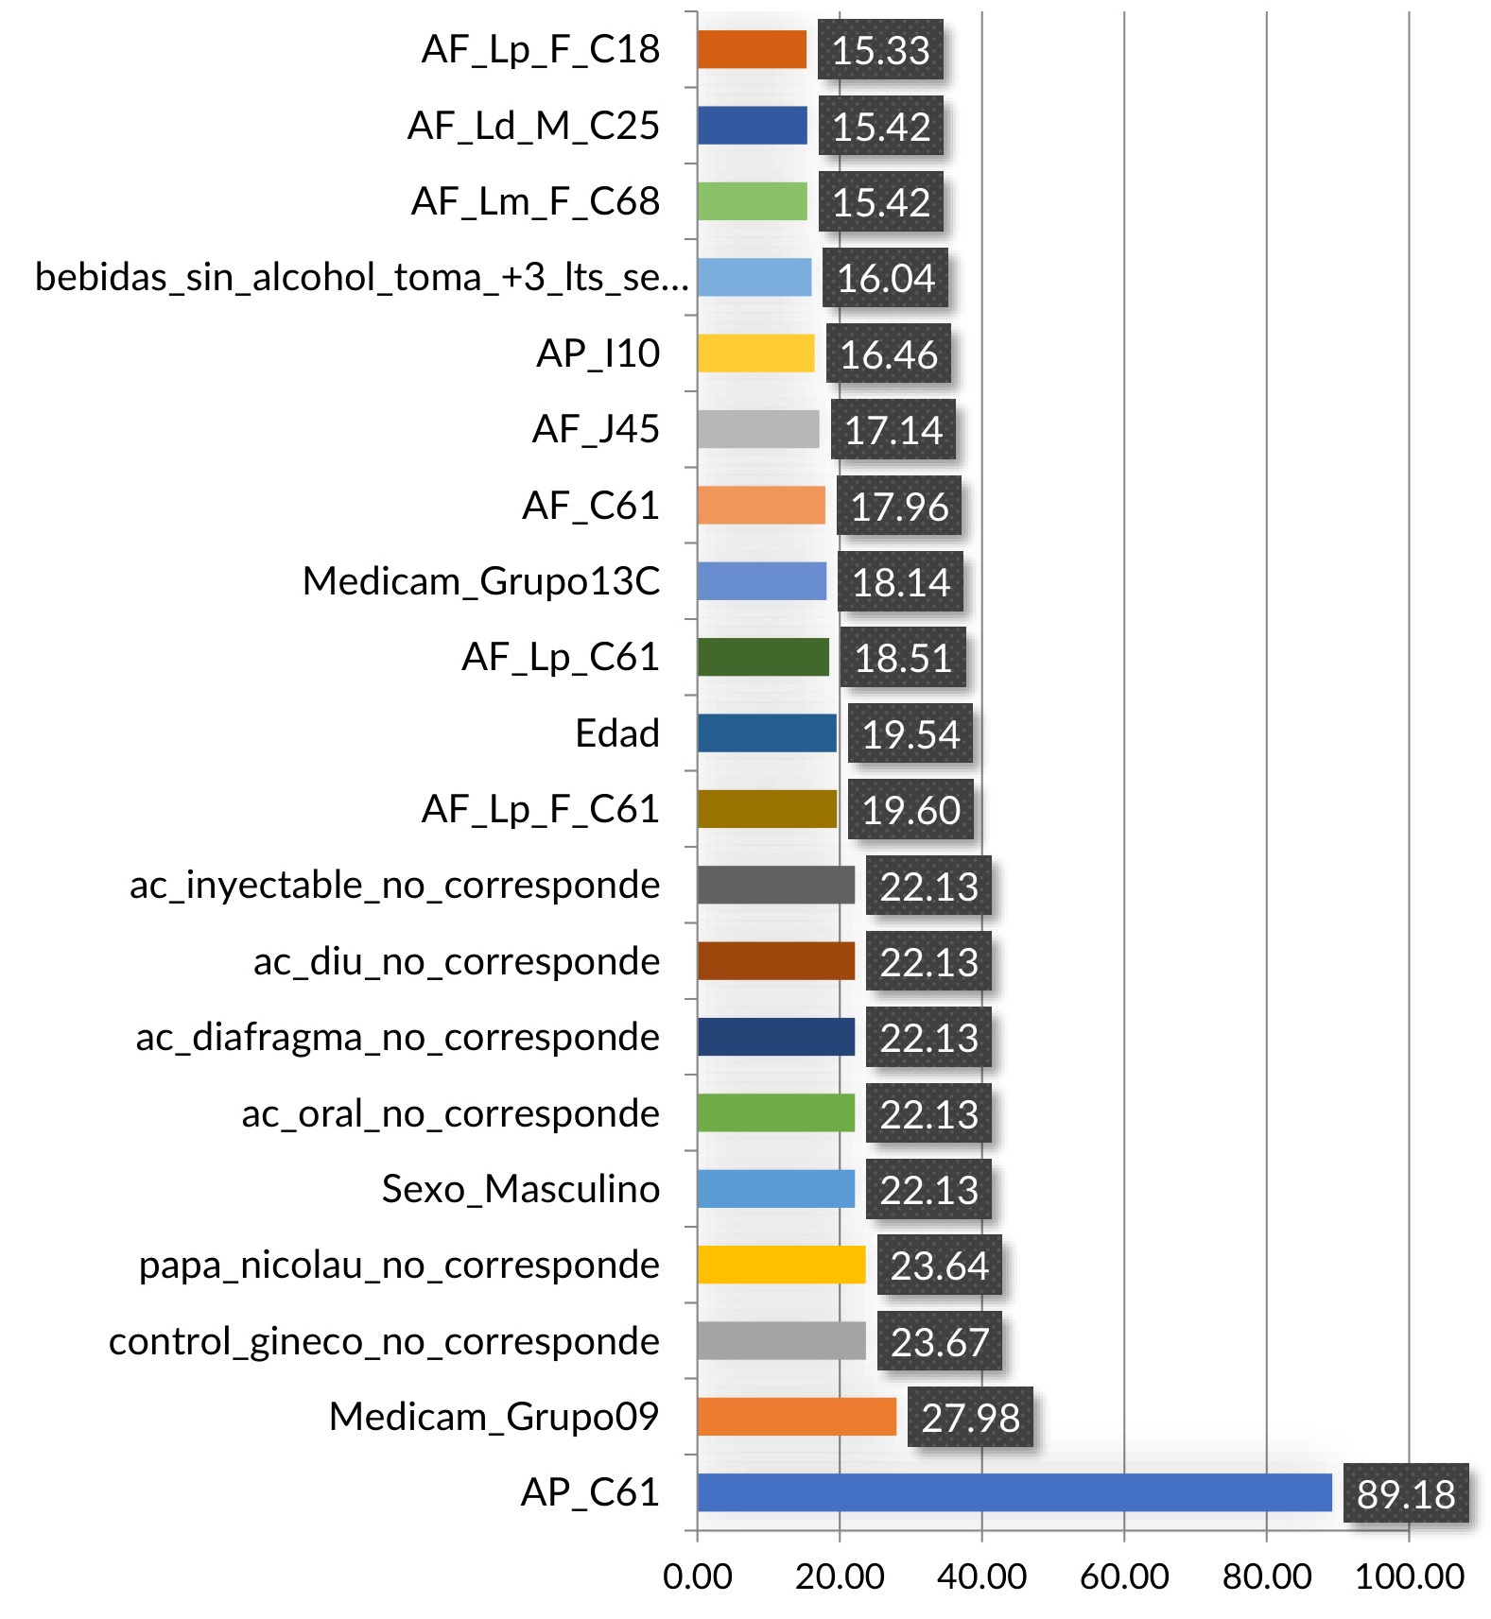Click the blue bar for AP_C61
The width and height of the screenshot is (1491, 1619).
(1014, 1492)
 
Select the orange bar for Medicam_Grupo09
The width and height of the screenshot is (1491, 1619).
(796, 1417)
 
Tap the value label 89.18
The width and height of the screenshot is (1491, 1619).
(1406, 1493)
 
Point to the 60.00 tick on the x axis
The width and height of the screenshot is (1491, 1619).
(1124, 1576)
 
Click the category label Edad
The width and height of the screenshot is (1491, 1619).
(617, 733)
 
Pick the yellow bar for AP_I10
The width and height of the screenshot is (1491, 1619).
(755, 353)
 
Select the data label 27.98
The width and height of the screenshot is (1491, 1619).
(970, 1418)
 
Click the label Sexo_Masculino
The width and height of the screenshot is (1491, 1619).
(521, 1189)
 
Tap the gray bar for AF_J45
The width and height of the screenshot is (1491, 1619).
(758, 429)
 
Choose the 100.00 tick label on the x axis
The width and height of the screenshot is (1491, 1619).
(1410, 1576)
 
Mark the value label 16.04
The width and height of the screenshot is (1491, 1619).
(885, 278)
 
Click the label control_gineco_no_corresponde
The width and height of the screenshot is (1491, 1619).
(384, 1341)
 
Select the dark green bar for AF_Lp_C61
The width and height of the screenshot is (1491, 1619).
(763, 657)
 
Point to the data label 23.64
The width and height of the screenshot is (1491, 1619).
(939, 1266)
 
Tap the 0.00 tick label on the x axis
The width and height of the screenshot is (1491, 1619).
(698, 1576)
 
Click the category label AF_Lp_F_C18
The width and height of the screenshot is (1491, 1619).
(541, 49)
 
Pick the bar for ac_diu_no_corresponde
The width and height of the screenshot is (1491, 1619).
(775, 961)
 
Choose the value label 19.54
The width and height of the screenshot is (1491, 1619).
(910, 734)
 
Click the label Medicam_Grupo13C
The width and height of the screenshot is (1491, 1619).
(481, 581)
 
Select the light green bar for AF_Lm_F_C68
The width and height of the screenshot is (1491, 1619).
(753, 201)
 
